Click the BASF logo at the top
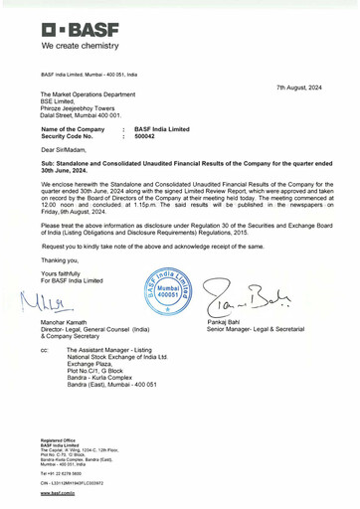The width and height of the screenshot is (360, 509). click(80, 26)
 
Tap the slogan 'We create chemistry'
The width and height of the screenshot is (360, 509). click(80, 46)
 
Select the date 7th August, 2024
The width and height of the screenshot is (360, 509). click(299, 88)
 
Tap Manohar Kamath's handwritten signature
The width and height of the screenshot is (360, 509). click(60, 302)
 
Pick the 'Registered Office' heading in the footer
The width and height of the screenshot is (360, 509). click(59, 439)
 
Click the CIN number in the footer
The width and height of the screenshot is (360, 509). click(74, 482)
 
